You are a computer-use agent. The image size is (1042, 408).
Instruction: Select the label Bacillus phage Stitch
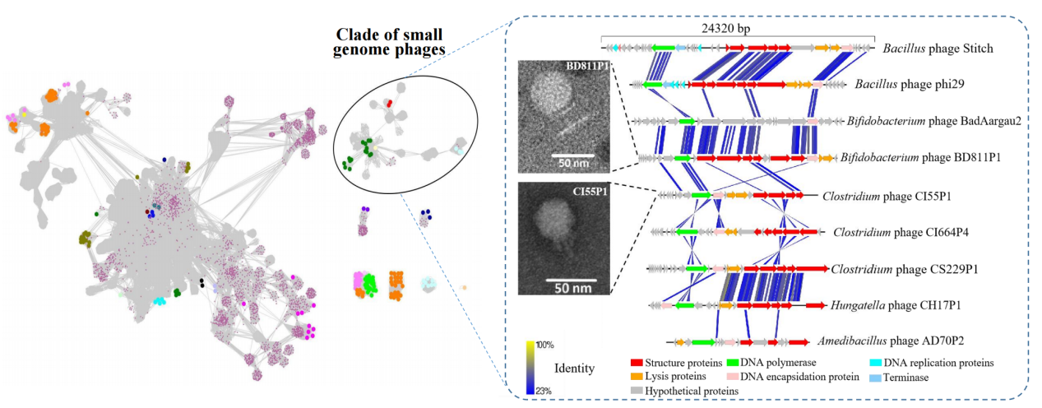pyautogui.click(x=938, y=49)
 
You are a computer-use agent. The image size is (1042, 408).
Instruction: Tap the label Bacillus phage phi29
pyautogui.click(x=904, y=84)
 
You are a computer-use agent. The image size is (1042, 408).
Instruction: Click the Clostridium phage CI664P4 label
pyautogui.click(x=901, y=232)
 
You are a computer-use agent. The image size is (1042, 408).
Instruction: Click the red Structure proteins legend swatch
pyautogui.click(x=636, y=363)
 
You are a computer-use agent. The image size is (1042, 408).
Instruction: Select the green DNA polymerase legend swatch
pyautogui.click(x=733, y=363)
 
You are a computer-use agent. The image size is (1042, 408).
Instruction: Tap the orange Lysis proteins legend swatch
pyautogui.click(x=636, y=377)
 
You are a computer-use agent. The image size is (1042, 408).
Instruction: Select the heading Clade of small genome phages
pyautogui.click(x=389, y=42)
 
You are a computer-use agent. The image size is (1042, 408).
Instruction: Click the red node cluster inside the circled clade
pyautogui.click(x=389, y=106)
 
